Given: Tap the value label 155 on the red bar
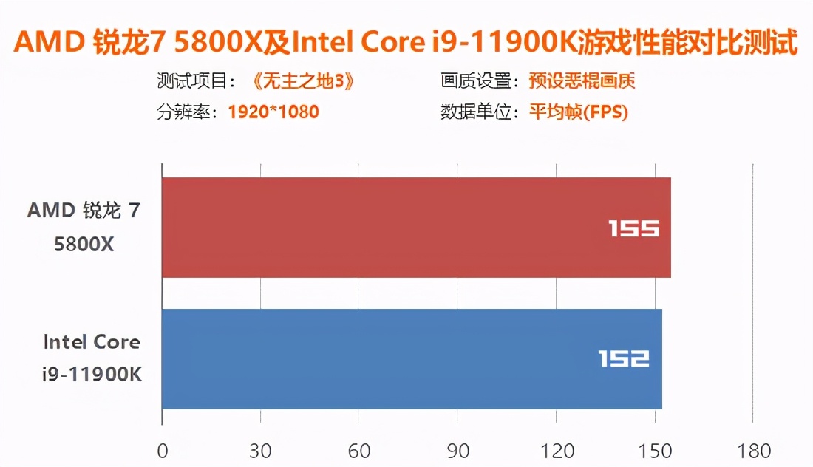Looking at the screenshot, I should [x=633, y=229].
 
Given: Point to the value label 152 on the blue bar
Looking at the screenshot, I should [x=624, y=359].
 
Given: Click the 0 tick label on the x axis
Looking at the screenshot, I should [x=163, y=451].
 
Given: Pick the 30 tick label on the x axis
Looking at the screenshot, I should [x=261, y=451].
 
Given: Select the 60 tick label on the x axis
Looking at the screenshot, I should [x=358, y=451].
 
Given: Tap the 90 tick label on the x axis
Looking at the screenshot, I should [x=457, y=451].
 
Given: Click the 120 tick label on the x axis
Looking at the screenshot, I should [x=556, y=451].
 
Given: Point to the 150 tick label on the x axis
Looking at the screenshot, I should [x=654, y=451].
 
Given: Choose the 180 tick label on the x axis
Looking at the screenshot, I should [x=752, y=451].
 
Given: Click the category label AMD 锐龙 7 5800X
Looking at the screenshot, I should [x=84, y=227].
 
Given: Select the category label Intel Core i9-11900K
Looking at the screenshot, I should [x=92, y=358].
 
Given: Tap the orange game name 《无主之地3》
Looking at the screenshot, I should [x=299, y=81].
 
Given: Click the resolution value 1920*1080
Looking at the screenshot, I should [x=273, y=112].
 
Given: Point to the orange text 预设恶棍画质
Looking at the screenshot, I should [x=582, y=81].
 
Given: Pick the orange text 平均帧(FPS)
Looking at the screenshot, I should [x=578, y=112].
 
